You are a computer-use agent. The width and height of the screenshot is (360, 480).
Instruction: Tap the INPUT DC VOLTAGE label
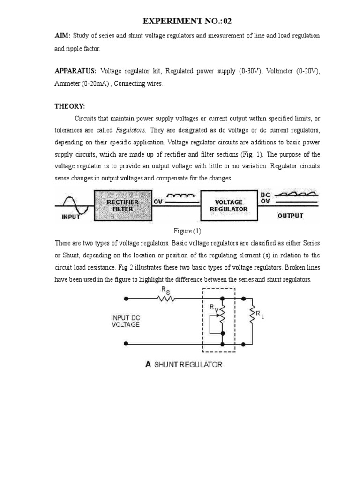coord(125,321)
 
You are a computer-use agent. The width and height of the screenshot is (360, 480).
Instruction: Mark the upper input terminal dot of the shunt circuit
coord(126,298)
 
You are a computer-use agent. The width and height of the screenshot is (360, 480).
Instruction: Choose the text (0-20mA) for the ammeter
coord(95,83)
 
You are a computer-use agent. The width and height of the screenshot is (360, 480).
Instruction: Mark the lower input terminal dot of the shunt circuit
coord(126,344)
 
